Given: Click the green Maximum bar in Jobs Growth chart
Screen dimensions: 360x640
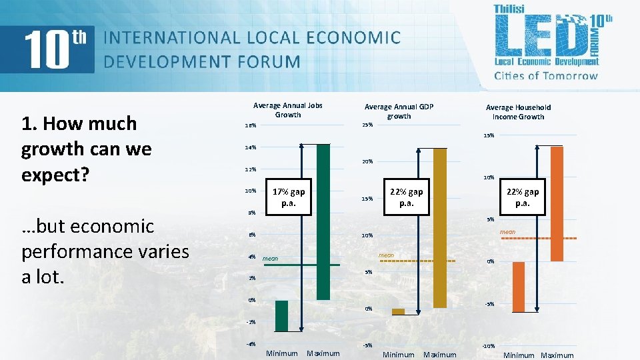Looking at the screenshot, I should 323,221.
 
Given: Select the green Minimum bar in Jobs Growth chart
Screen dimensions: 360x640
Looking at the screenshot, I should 282,315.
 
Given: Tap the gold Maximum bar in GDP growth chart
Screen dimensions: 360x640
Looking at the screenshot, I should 439,227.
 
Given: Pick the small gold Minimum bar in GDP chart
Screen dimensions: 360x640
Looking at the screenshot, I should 398,311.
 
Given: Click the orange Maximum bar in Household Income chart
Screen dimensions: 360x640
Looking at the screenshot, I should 557,203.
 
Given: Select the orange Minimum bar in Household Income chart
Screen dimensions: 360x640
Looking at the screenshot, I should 518,287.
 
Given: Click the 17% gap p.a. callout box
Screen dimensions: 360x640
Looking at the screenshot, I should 289,197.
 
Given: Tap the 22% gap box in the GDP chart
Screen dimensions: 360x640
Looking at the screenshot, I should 407,197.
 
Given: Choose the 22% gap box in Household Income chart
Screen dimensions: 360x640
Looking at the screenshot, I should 522,197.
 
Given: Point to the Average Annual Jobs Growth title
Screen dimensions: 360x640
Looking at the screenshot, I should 288,110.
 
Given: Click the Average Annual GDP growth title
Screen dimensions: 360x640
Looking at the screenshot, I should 399,111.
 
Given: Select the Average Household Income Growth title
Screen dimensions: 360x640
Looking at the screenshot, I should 518,112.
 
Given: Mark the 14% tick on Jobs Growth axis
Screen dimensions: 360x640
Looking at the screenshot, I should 250,147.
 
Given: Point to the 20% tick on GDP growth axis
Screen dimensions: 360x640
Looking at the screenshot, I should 367,162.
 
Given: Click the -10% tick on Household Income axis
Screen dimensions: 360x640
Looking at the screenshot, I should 488,346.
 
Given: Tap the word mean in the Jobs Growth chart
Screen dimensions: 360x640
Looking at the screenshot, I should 270,258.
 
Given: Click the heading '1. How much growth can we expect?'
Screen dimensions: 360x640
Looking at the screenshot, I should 87,149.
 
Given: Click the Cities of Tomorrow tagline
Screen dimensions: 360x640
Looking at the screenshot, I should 546,75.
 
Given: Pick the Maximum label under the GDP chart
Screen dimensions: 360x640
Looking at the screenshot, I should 440,355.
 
